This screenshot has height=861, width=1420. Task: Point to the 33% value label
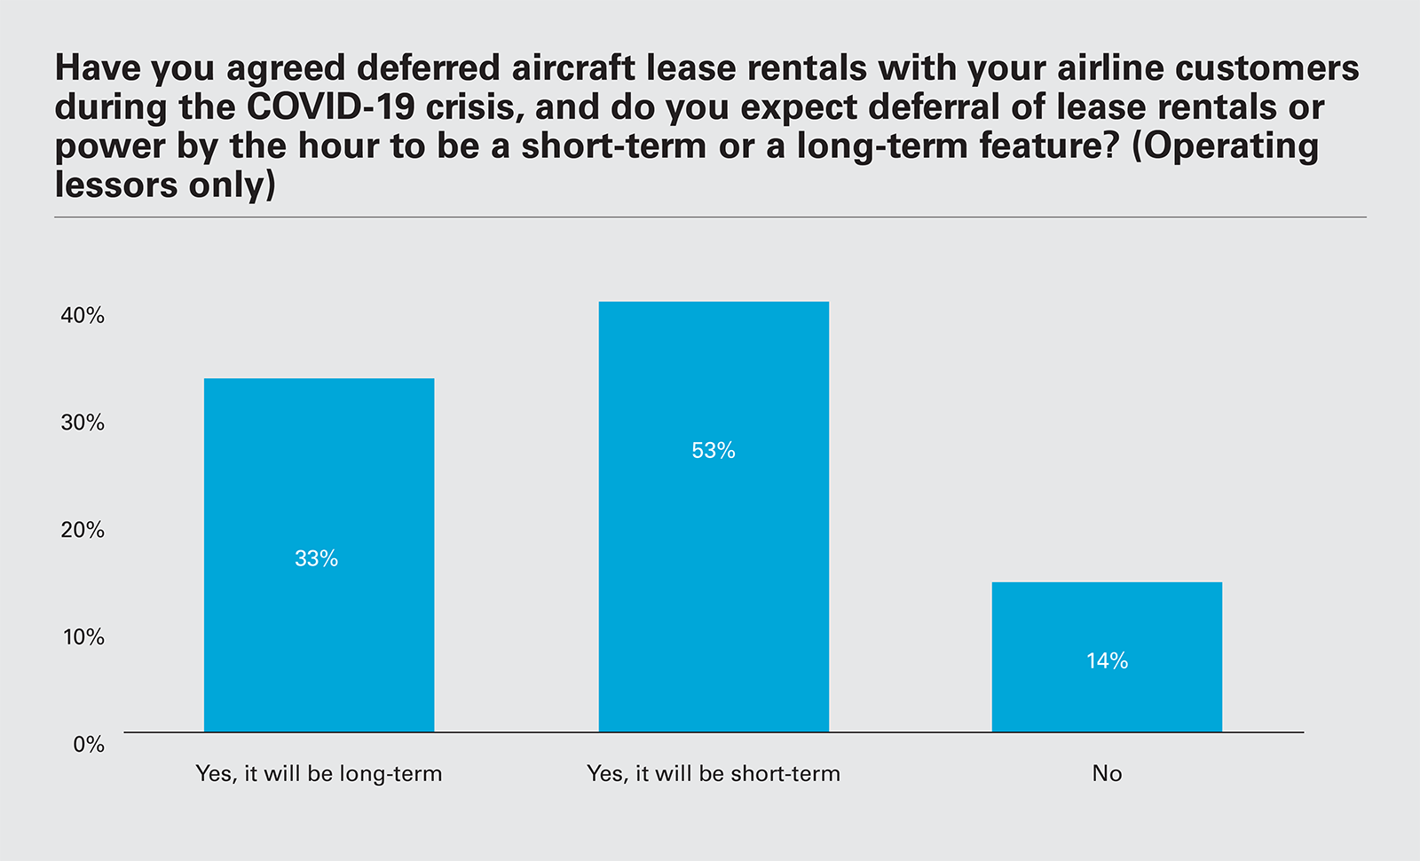click(x=317, y=558)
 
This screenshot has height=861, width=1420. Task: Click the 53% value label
click(x=714, y=451)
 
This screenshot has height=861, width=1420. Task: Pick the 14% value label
click(x=1108, y=660)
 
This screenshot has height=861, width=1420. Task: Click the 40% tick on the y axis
click(x=83, y=316)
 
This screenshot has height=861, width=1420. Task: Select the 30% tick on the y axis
click(x=83, y=423)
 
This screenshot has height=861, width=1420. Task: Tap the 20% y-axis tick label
click(x=83, y=530)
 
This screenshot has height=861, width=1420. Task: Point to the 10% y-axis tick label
click(x=83, y=637)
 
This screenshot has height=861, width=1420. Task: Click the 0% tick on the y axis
click(x=88, y=745)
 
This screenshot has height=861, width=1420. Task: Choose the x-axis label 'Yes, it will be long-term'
click(x=319, y=774)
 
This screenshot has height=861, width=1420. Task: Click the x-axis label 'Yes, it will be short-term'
click(x=714, y=774)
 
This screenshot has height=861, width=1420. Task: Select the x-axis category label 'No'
click(x=1107, y=774)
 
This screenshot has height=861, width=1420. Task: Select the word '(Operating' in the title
click(x=1226, y=146)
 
